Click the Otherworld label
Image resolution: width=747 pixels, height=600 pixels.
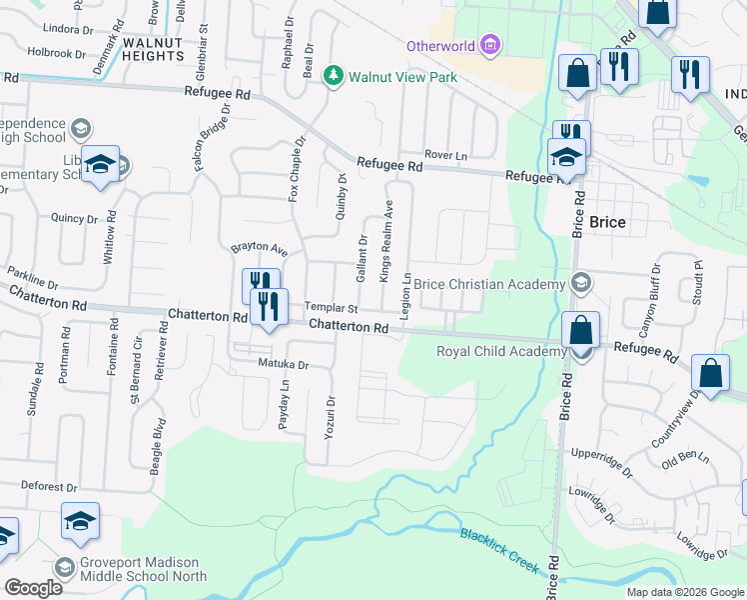[439, 46]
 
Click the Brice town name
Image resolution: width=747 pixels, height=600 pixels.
[607, 222]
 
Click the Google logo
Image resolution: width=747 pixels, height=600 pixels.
[33, 588]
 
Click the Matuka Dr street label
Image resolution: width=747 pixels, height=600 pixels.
[283, 365]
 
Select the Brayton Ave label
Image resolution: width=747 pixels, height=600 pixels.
[259, 248]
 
